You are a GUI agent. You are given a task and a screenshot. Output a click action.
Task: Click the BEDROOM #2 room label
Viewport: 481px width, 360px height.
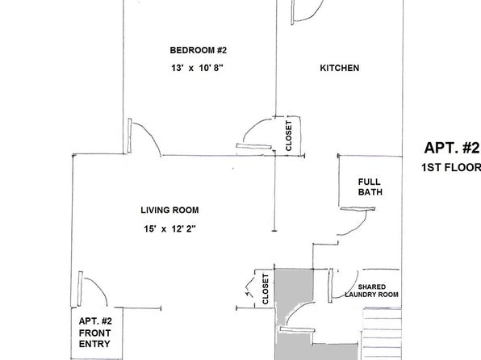click(199, 50)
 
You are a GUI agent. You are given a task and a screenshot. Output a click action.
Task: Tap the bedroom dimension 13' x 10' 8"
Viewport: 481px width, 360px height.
click(197, 68)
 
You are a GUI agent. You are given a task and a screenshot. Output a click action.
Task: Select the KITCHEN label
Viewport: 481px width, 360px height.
click(340, 68)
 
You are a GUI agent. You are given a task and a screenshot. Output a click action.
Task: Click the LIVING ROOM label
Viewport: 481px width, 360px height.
click(169, 210)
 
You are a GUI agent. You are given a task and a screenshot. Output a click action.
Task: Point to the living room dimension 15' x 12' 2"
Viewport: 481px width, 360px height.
click(169, 229)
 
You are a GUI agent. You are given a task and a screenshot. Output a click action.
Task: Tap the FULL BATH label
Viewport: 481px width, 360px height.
click(370, 187)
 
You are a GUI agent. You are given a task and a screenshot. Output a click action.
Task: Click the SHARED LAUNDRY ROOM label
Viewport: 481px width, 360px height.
click(372, 291)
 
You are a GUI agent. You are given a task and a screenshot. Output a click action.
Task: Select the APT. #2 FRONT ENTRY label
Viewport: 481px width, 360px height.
click(95, 333)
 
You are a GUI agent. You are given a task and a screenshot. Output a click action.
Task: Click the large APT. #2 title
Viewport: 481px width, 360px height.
click(452, 148)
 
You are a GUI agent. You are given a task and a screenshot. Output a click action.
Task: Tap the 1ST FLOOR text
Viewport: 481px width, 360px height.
click(451, 168)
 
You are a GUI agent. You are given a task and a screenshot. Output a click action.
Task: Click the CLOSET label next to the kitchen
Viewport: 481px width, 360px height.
click(289, 136)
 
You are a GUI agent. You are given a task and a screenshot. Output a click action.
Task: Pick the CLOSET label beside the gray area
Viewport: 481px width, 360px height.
click(266, 289)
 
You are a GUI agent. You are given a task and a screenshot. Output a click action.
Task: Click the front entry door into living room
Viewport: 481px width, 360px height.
click(80, 289)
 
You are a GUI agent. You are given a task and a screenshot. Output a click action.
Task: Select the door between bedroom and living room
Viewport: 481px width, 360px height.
click(129, 136)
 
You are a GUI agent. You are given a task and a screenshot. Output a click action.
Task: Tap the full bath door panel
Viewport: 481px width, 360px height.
click(358, 209)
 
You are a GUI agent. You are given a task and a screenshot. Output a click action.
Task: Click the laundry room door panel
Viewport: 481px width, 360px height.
click(330, 286)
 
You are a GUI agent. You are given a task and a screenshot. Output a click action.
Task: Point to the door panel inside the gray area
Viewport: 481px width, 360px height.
click(297, 329)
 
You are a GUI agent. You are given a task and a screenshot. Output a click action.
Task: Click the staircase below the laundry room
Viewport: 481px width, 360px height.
click(382, 333)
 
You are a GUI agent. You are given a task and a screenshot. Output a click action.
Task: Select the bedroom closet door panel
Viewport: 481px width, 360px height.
click(254, 146)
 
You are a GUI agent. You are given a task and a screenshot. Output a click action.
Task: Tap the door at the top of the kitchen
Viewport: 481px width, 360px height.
click(292, 12)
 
